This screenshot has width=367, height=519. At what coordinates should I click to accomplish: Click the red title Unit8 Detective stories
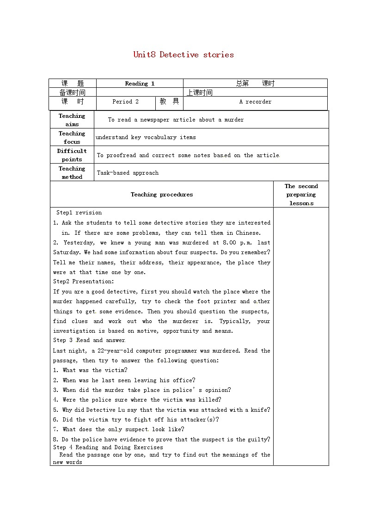pos(183,55)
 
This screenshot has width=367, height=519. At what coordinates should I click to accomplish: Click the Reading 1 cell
pos(140,84)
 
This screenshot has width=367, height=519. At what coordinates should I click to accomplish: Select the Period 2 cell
pos(125,102)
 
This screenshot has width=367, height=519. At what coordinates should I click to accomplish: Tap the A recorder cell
pos(255,102)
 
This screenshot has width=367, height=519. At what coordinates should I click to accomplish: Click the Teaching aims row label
pos(72,120)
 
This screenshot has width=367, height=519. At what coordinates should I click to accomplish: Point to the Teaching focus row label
pos(72,138)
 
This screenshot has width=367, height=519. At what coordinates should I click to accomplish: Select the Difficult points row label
pos(72,155)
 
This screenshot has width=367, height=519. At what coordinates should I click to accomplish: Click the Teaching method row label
pos(72,173)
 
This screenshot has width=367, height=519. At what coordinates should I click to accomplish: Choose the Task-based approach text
pos(128,173)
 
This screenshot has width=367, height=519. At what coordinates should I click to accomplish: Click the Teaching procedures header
pos(162,195)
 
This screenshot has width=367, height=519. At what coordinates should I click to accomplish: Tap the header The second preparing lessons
pos(301,195)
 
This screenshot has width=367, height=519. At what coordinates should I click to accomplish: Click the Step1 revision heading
pos(79,213)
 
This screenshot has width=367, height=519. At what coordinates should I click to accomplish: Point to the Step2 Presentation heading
pos(83,281)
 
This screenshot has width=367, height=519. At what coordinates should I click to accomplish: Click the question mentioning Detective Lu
pos(166,410)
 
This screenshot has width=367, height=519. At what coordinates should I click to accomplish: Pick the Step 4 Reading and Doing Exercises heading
pos(108,447)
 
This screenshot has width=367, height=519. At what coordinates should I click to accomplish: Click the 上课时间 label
pos(200,92)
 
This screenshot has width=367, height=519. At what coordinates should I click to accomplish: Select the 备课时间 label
pos(73,92)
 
